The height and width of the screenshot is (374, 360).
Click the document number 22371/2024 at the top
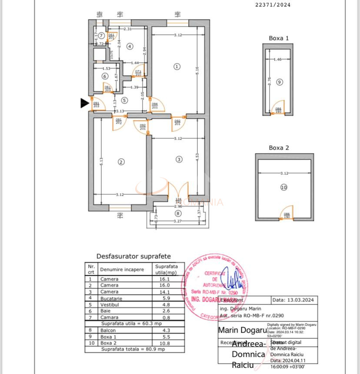pyautogui.click(x=273, y=5)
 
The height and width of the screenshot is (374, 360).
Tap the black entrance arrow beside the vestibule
pyautogui.click(x=85, y=103)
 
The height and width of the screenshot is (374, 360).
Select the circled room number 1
pyautogui.click(x=177, y=67)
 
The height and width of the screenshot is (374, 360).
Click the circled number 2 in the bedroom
pyautogui.click(x=121, y=162)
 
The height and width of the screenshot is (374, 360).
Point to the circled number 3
pyautogui.click(x=179, y=160)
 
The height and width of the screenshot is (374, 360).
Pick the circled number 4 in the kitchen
pyautogui.click(x=129, y=46)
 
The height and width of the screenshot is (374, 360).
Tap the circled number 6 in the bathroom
pyautogui.click(x=104, y=76)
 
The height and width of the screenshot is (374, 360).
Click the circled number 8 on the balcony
pyautogui.click(x=177, y=214)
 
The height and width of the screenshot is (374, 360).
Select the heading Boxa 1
pyautogui.click(x=279, y=38)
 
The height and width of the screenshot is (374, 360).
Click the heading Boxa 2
pyautogui.click(x=279, y=148)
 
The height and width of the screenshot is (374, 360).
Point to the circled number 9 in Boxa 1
pyautogui.click(x=279, y=82)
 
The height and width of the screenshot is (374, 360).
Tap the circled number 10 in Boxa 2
pyautogui.click(x=284, y=187)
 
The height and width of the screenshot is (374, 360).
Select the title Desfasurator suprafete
pyautogui.click(x=133, y=257)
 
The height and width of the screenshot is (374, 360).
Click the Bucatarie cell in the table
pyautogui.click(x=111, y=299)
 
